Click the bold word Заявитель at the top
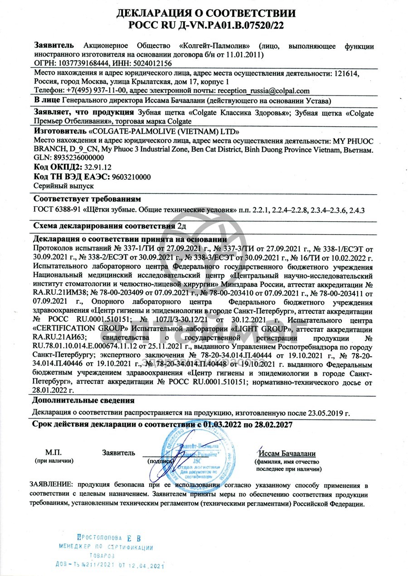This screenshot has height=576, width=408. (x=53, y=46)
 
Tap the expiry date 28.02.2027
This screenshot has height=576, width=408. (x=272, y=425)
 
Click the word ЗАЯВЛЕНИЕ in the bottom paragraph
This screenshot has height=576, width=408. (x=51, y=485)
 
